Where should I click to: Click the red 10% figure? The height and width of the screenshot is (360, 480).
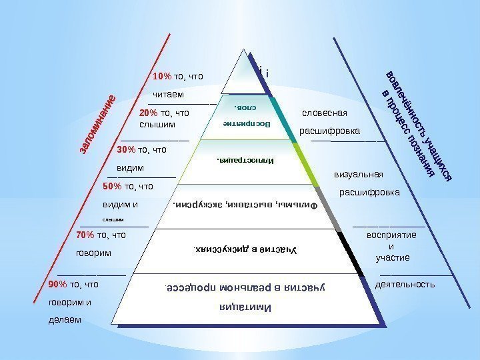163,77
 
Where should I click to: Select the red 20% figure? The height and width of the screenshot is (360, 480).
149,113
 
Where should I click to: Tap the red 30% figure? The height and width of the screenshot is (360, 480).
125,149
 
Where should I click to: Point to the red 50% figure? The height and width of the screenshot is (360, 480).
113,186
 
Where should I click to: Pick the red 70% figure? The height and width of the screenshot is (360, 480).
85,235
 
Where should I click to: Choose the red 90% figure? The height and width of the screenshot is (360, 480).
58,284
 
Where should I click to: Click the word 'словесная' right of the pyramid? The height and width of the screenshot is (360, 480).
325,113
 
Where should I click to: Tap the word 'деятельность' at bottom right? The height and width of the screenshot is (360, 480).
405,284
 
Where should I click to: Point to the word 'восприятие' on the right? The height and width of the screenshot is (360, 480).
391,235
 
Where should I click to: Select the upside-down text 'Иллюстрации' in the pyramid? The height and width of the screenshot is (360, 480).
245,161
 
